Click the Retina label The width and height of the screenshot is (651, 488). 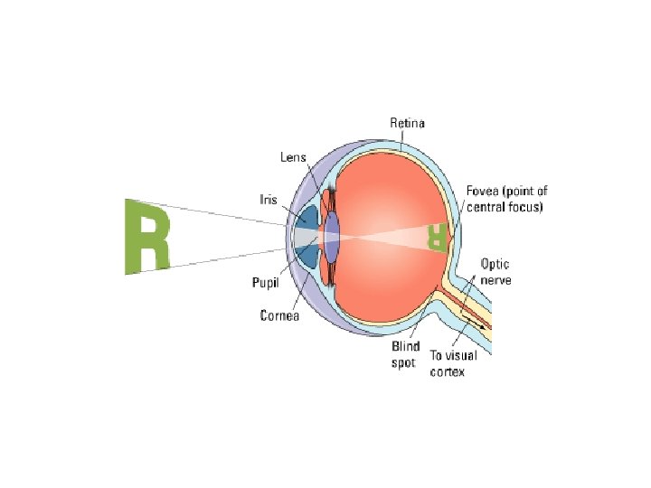(407, 123)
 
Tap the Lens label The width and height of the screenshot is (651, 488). (293, 156)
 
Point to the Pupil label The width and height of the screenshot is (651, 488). (265, 283)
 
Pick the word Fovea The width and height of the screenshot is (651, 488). (482, 192)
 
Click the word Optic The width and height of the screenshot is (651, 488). (495, 265)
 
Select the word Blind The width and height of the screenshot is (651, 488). (406, 346)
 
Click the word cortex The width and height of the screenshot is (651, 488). (447, 371)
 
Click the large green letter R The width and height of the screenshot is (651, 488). (146, 235)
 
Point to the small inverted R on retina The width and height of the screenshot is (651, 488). (438, 237)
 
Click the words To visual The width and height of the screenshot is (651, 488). (453, 356)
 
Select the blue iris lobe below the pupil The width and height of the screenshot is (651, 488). (308, 256)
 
